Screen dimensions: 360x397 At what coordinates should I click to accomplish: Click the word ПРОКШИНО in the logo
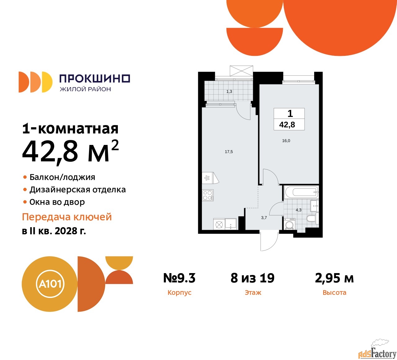95,79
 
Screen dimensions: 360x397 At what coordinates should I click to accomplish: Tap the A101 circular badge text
50,284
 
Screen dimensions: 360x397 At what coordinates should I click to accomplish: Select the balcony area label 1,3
229,92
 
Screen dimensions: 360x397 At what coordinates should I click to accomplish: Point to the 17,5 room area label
229,152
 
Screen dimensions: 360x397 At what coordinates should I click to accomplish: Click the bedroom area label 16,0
286,141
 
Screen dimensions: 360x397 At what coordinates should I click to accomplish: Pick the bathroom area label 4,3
298,210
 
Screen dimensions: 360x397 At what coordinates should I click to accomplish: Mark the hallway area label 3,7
264,218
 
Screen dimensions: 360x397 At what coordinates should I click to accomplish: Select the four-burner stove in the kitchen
207,195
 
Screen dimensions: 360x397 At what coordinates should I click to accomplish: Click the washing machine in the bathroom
290,224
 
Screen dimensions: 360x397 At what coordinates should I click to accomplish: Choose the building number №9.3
179,278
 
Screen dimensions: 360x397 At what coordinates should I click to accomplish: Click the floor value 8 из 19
252,278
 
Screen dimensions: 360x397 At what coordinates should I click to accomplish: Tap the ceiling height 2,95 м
334,278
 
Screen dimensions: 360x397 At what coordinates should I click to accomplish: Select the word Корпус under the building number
179,293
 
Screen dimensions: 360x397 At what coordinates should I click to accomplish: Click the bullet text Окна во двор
57,202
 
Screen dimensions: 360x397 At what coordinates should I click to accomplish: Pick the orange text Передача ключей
67,217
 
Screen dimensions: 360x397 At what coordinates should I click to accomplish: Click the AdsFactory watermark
377,353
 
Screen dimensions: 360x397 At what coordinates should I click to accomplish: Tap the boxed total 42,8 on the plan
287,125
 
